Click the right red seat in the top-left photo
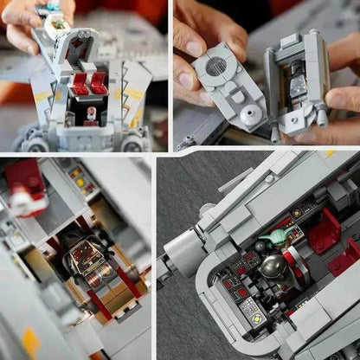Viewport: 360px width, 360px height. [100, 83]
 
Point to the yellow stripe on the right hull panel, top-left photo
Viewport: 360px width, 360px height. [133, 93]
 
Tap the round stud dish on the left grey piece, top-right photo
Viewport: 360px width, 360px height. [222, 113]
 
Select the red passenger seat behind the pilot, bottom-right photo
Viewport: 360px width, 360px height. [326, 232]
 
